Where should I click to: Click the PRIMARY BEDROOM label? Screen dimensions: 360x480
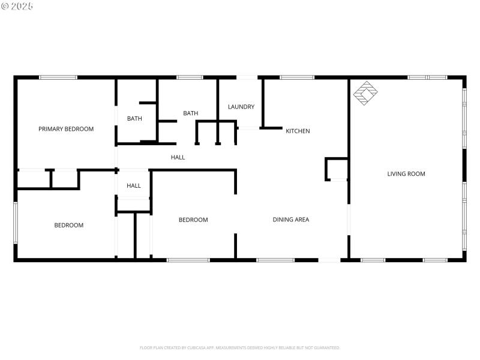click(x=66, y=129)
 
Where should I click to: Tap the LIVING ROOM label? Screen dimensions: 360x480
click(x=406, y=174)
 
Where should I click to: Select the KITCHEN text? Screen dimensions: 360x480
click(x=298, y=131)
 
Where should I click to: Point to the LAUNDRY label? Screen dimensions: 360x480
click(x=241, y=107)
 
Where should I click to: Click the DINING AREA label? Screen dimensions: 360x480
click(x=291, y=220)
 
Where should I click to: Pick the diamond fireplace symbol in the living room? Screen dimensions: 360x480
click(x=365, y=93)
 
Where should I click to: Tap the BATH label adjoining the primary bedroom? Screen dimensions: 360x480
click(x=134, y=119)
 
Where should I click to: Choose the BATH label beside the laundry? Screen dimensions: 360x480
click(x=191, y=113)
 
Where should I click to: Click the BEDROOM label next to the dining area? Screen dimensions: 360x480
click(x=193, y=220)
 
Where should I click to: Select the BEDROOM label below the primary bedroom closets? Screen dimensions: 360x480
click(x=69, y=225)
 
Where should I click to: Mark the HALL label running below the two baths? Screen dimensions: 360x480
click(x=178, y=157)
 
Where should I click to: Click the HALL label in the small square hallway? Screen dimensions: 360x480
click(x=134, y=185)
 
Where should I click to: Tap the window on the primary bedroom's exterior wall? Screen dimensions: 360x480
click(x=58, y=77)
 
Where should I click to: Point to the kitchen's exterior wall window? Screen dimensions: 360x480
click(x=297, y=77)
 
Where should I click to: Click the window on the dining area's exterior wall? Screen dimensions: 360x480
click(x=275, y=260)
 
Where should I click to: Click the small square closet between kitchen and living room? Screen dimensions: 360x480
click(x=337, y=169)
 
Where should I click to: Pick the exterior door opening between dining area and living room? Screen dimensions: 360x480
click(x=329, y=260)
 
